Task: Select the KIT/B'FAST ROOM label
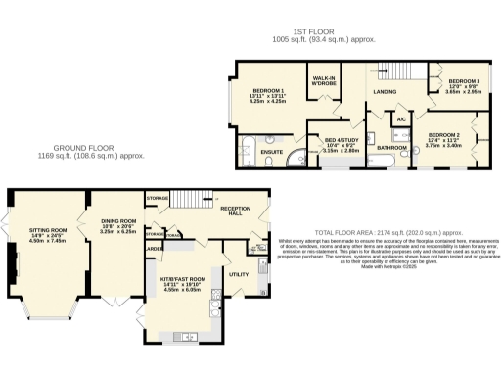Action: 183,279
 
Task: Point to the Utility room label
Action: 239,275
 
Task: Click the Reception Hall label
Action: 236,211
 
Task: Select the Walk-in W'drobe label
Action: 324,80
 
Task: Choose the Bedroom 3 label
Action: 464,81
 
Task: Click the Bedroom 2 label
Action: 443,135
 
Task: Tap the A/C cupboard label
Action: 401,119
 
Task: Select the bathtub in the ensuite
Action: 247,154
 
